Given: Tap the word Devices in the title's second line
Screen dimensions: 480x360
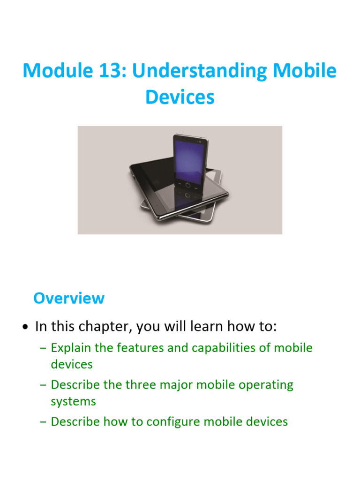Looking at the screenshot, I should [180, 97].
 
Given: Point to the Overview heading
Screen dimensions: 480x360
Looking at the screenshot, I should [69, 298].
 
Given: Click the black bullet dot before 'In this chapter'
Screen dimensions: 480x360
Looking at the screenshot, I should [26, 327].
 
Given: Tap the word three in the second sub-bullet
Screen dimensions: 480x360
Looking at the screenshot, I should [140, 385].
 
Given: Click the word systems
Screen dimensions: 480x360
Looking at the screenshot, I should [73, 401].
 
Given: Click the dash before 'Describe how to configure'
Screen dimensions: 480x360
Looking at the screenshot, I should [44, 422].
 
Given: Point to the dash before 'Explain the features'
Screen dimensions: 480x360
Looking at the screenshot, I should [44, 348].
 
